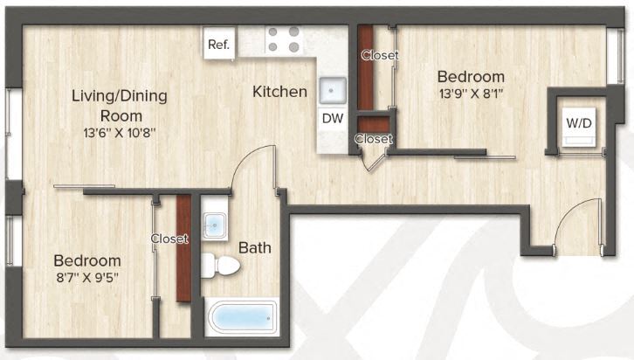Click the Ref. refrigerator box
click(x=219, y=45)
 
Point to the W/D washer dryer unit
click(x=579, y=125)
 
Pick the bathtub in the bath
click(x=242, y=316)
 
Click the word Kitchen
click(x=279, y=91)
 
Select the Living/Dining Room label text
click(x=119, y=105)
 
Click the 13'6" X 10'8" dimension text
click(x=119, y=134)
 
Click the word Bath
click(x=255, y=247)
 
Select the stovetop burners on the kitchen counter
click(x=284, y=39)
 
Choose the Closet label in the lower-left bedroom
click(x=169, y=238)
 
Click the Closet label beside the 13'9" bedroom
click(x=379, y=55)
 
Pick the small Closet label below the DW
click(x=373, y=138)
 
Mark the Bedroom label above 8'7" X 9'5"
click(x=86, y=260)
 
